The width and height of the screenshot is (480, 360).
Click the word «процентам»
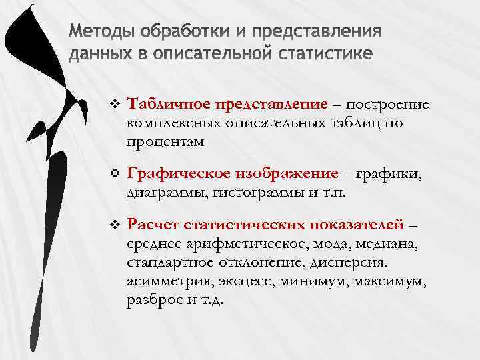point(165,141)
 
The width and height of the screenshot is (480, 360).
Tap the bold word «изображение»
point(287,175)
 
